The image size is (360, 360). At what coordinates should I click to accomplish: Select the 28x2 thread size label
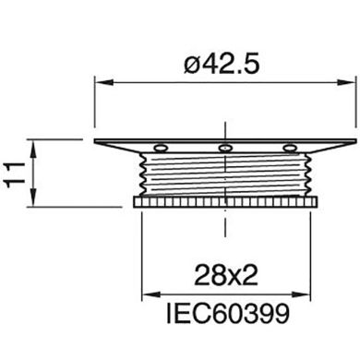pyautogui.click(x=224, y=275)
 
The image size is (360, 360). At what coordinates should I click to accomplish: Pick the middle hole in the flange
pyautogui.click(x=224, y=148)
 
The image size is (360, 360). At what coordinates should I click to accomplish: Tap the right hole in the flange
pyautogui.click(x=289, y=148)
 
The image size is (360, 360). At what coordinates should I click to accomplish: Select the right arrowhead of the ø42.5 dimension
pyautogui.click(x=350, y=83)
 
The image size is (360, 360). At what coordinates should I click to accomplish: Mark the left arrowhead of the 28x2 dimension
pyautogui.click(x=146, y=295)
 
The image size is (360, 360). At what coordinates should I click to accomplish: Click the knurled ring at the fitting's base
pyautogui.click(x=224, y=201)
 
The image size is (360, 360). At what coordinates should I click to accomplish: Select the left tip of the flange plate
pyautogui.click(x=96, y=141)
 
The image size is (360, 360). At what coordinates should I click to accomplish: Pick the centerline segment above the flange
pyautogui.click(x=224, y=127)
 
